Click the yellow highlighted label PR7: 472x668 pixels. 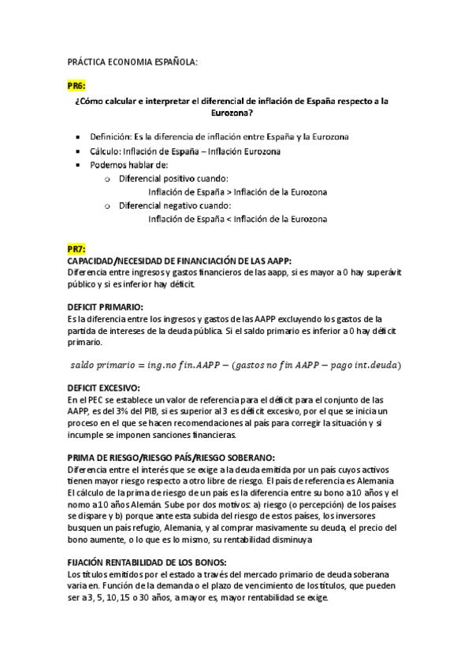tap(77, 250)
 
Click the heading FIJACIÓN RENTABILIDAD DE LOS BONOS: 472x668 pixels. tap(147, 562)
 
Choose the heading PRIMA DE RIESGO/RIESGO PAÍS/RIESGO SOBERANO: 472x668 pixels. tap(171, 458)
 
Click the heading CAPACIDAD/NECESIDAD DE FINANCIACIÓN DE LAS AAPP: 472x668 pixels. tap(180, 261)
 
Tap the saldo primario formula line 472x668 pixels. tap(236, 365)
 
